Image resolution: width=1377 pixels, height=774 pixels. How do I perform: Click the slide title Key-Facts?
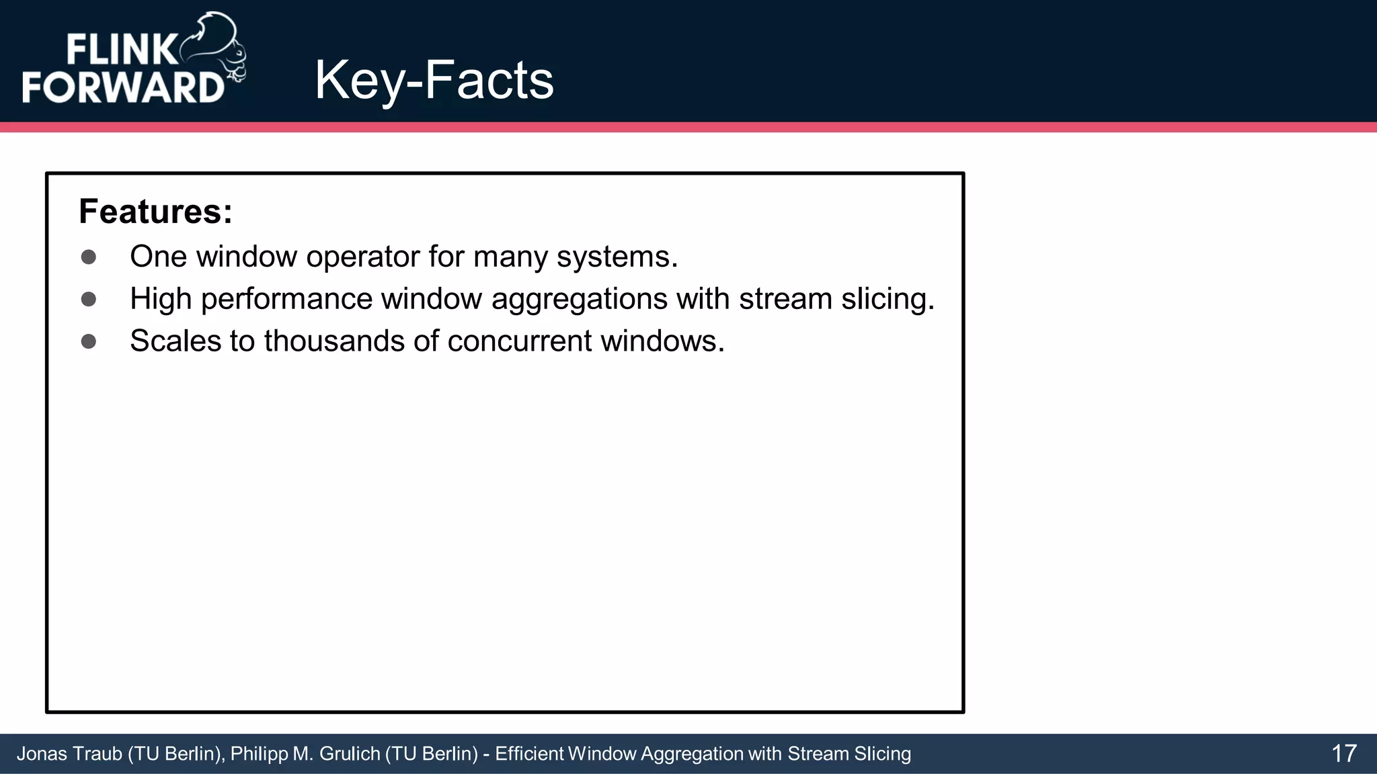434,81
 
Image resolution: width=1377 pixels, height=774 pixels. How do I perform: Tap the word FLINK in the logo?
121,50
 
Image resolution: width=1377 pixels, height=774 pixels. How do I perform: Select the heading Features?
155,212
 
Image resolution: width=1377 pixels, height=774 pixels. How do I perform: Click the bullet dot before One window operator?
88,257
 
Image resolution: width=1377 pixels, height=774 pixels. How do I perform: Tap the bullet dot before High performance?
88,299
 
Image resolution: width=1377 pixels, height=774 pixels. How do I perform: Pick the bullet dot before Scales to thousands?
88,341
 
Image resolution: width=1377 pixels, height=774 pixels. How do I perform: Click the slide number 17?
1343,753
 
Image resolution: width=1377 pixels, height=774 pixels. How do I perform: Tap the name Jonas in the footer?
41,754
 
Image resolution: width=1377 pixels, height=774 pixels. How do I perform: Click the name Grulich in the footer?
350,754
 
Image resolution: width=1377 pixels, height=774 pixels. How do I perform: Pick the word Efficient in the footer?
529,754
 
